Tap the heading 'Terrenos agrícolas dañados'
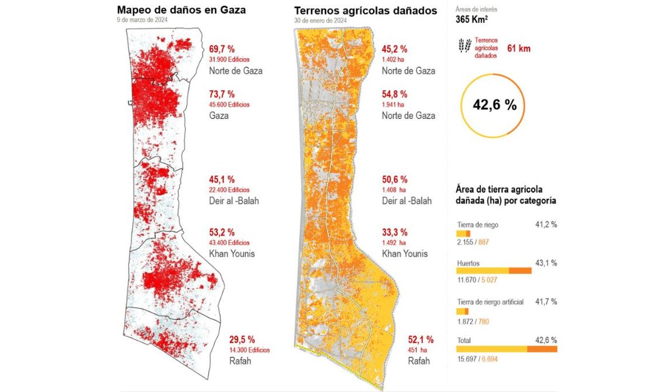pyautogui.click(x=365, y=10)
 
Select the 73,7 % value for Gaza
pyautogui.click(x=222, y=94)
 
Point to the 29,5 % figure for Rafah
pyautogui.click(x=242, y=339)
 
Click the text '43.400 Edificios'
pyautogui.click(x=229, y=242)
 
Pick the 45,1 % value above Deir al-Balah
pyautogui.click(x=222, y=180)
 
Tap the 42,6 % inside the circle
pyautogui.click(x=495, y=105)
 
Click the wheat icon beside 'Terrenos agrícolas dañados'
pyautogui.click(x=464, y=46)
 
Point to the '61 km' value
pyautogui.click(x=518, y=49)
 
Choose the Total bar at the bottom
pyautogui.click(x=507, y=349)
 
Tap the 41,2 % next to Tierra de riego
pyautogui.click(x=546, y=225)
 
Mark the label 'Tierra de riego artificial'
pyautogui.click(x=490, y=302)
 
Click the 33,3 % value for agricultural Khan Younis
pyautogui.click(x=394, y=232)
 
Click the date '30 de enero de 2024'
pyautogui.click(x=321, y=21)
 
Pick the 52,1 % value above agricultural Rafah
pyautogui.click(x=422, y=339)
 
